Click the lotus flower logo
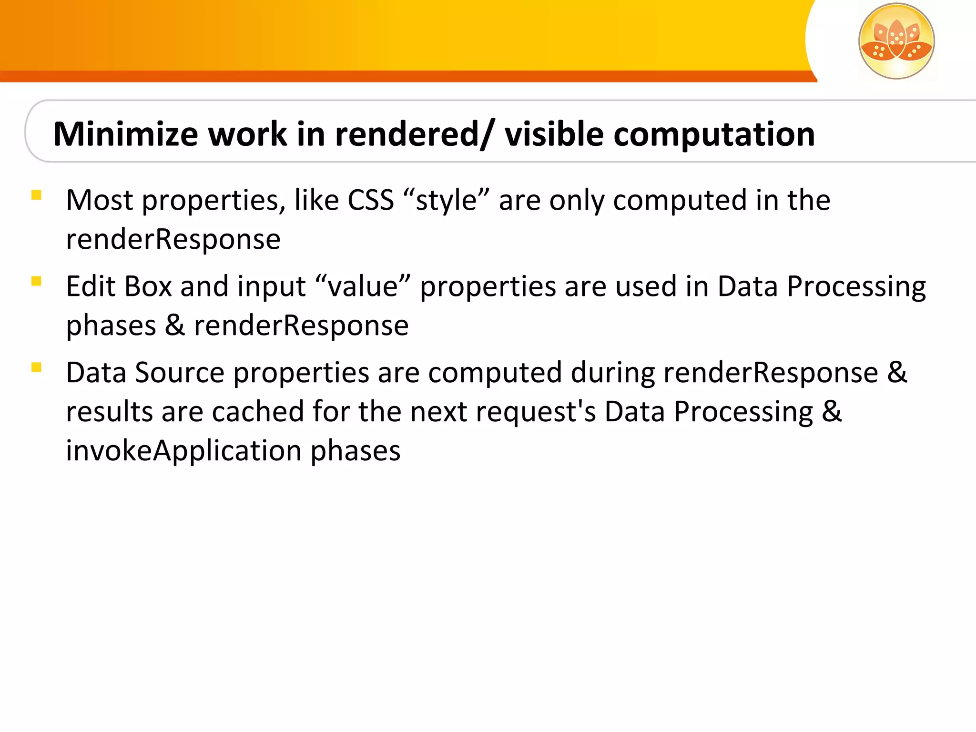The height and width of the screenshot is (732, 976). click(x=896, y=41)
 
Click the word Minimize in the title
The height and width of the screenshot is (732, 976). click(x=125, y=134)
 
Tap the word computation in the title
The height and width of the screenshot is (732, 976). click(x=714, y=135)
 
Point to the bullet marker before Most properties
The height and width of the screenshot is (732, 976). click(x=36, y=195)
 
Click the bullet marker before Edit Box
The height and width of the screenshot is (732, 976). click(x=36, y=281)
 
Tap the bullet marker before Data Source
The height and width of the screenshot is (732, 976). click(x=36, y=367)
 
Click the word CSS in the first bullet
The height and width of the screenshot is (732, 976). click(x=371, y=200)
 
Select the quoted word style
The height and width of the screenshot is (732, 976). click(x=446, y=201)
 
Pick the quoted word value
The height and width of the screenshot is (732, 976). click(x=363, y=287)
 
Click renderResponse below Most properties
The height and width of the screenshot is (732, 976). click(x=173, y=239)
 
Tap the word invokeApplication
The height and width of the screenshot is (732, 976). click(x=183, y=450)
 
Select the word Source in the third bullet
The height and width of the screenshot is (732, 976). click(x=180, y=373)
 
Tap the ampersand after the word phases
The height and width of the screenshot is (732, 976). click(x=175, y=326)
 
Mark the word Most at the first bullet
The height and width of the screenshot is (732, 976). click(x=100, y=200)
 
